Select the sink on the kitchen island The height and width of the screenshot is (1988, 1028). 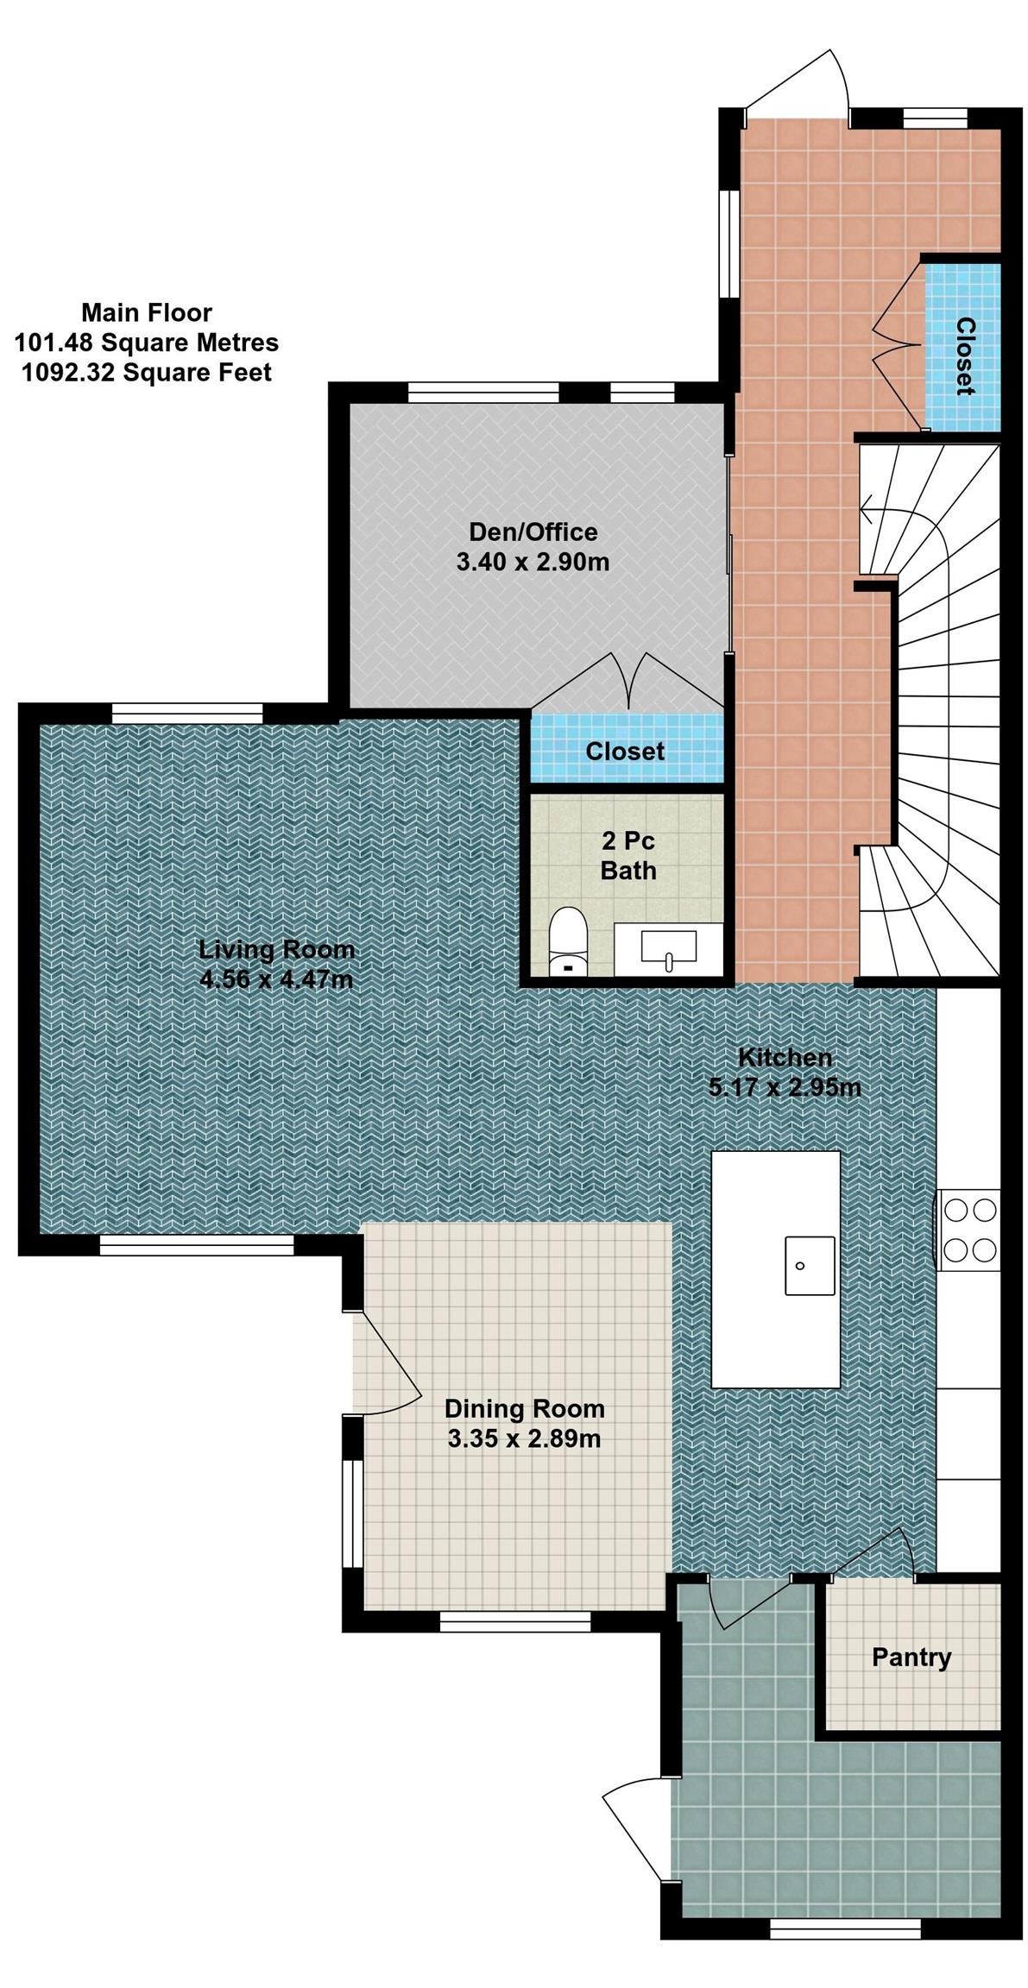[x=809, y=1265]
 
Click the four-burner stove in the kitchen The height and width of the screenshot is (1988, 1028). [x=969, y=1230]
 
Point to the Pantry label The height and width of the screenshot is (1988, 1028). [x=911, y=1657]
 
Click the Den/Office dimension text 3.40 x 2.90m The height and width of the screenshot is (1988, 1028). [x=533, y=563]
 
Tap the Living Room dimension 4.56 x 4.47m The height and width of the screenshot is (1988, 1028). [x=275, y=979]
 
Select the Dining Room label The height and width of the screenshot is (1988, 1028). [x=524, y=1408]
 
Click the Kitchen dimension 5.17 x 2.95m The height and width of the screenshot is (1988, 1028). [x=784, y=1087]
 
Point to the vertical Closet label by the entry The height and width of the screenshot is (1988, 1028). [x=965, y=355]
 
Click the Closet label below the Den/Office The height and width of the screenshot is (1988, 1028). [x=625, y=751]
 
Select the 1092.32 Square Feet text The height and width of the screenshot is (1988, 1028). [x=147, y=373]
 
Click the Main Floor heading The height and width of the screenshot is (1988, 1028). [x=147, y=312]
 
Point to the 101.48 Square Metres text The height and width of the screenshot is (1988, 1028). [x=147, y=343]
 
